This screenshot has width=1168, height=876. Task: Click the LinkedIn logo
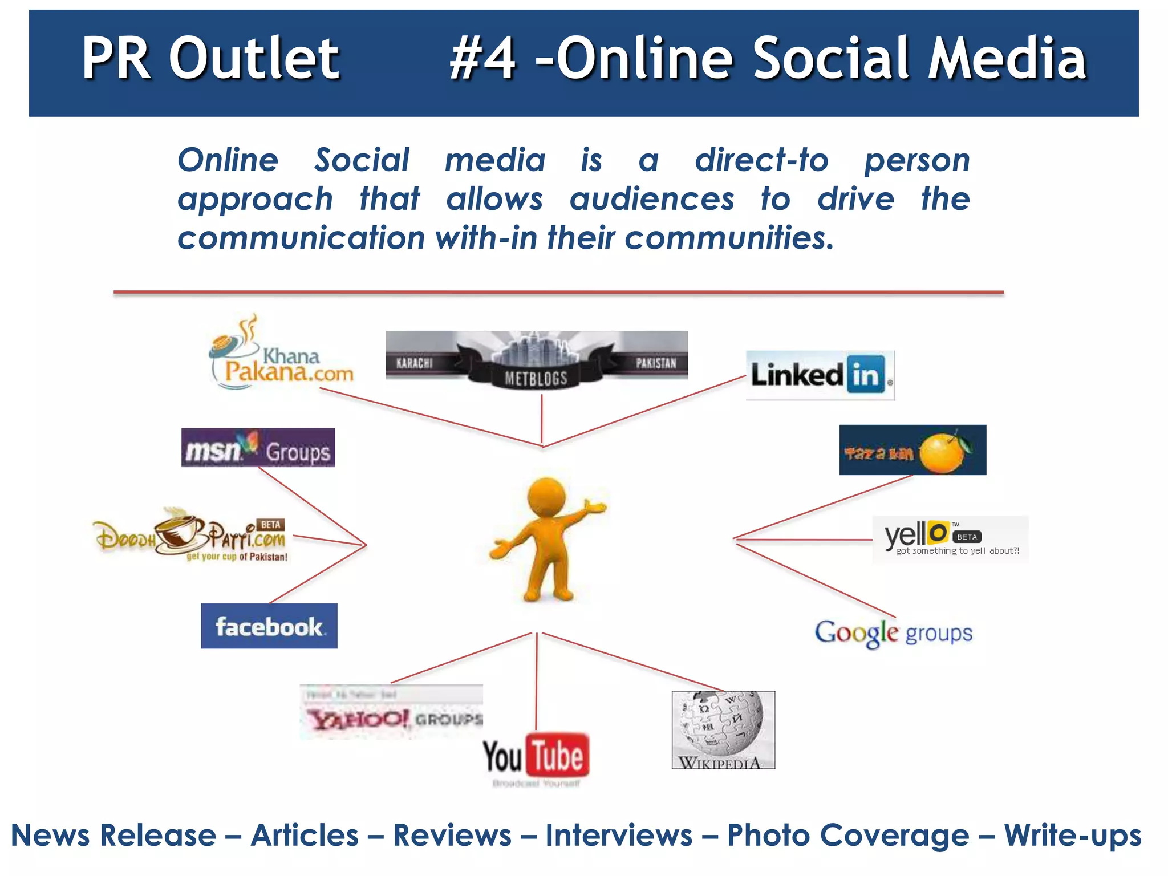pyautogui.click(x=820, y=375)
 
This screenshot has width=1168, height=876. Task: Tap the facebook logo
pyautogui.click(x=269, y=626)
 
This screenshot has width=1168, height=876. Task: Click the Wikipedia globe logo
pyautogui.click(x=723, y=725)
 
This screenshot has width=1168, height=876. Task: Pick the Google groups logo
pyautogui.click(x=893, y=633)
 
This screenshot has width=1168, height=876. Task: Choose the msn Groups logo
pyautogui.click(x=258, y=448)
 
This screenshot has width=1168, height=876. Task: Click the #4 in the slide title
pyautogui.click(x=482, y=58)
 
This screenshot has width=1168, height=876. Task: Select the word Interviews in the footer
pyautogui.click(x=619, y=836)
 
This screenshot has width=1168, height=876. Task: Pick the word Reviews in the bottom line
pyautogui.click(x=452, y=836)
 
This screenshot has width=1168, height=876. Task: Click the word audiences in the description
pyautogui.click(x=652, y=200)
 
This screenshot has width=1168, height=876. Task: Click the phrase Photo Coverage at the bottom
pyautogui.click(x=848, y=836)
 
